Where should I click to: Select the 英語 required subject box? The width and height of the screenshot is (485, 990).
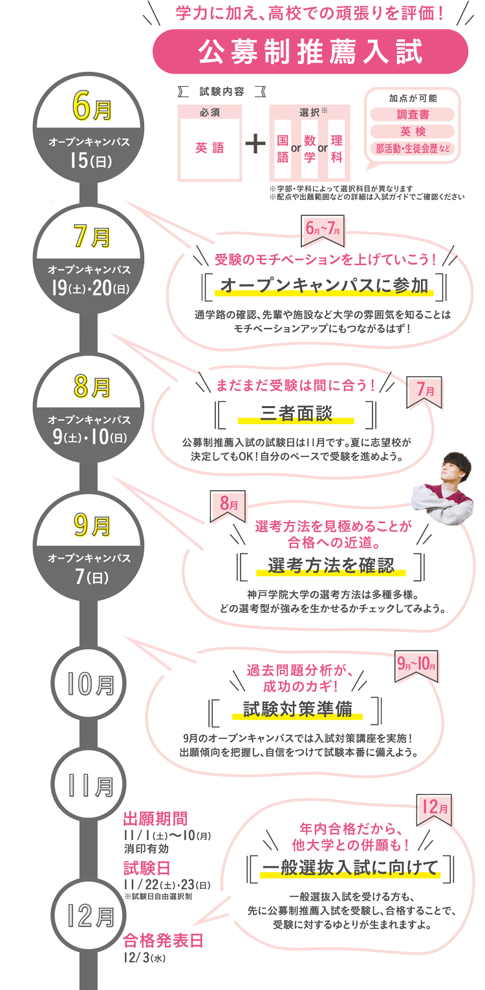[210, 148]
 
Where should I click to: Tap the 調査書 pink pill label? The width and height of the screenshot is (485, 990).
[412, 114]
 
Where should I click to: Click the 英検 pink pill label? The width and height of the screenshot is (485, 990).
[412, 131]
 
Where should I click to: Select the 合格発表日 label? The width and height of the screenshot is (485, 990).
[158, 941]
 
